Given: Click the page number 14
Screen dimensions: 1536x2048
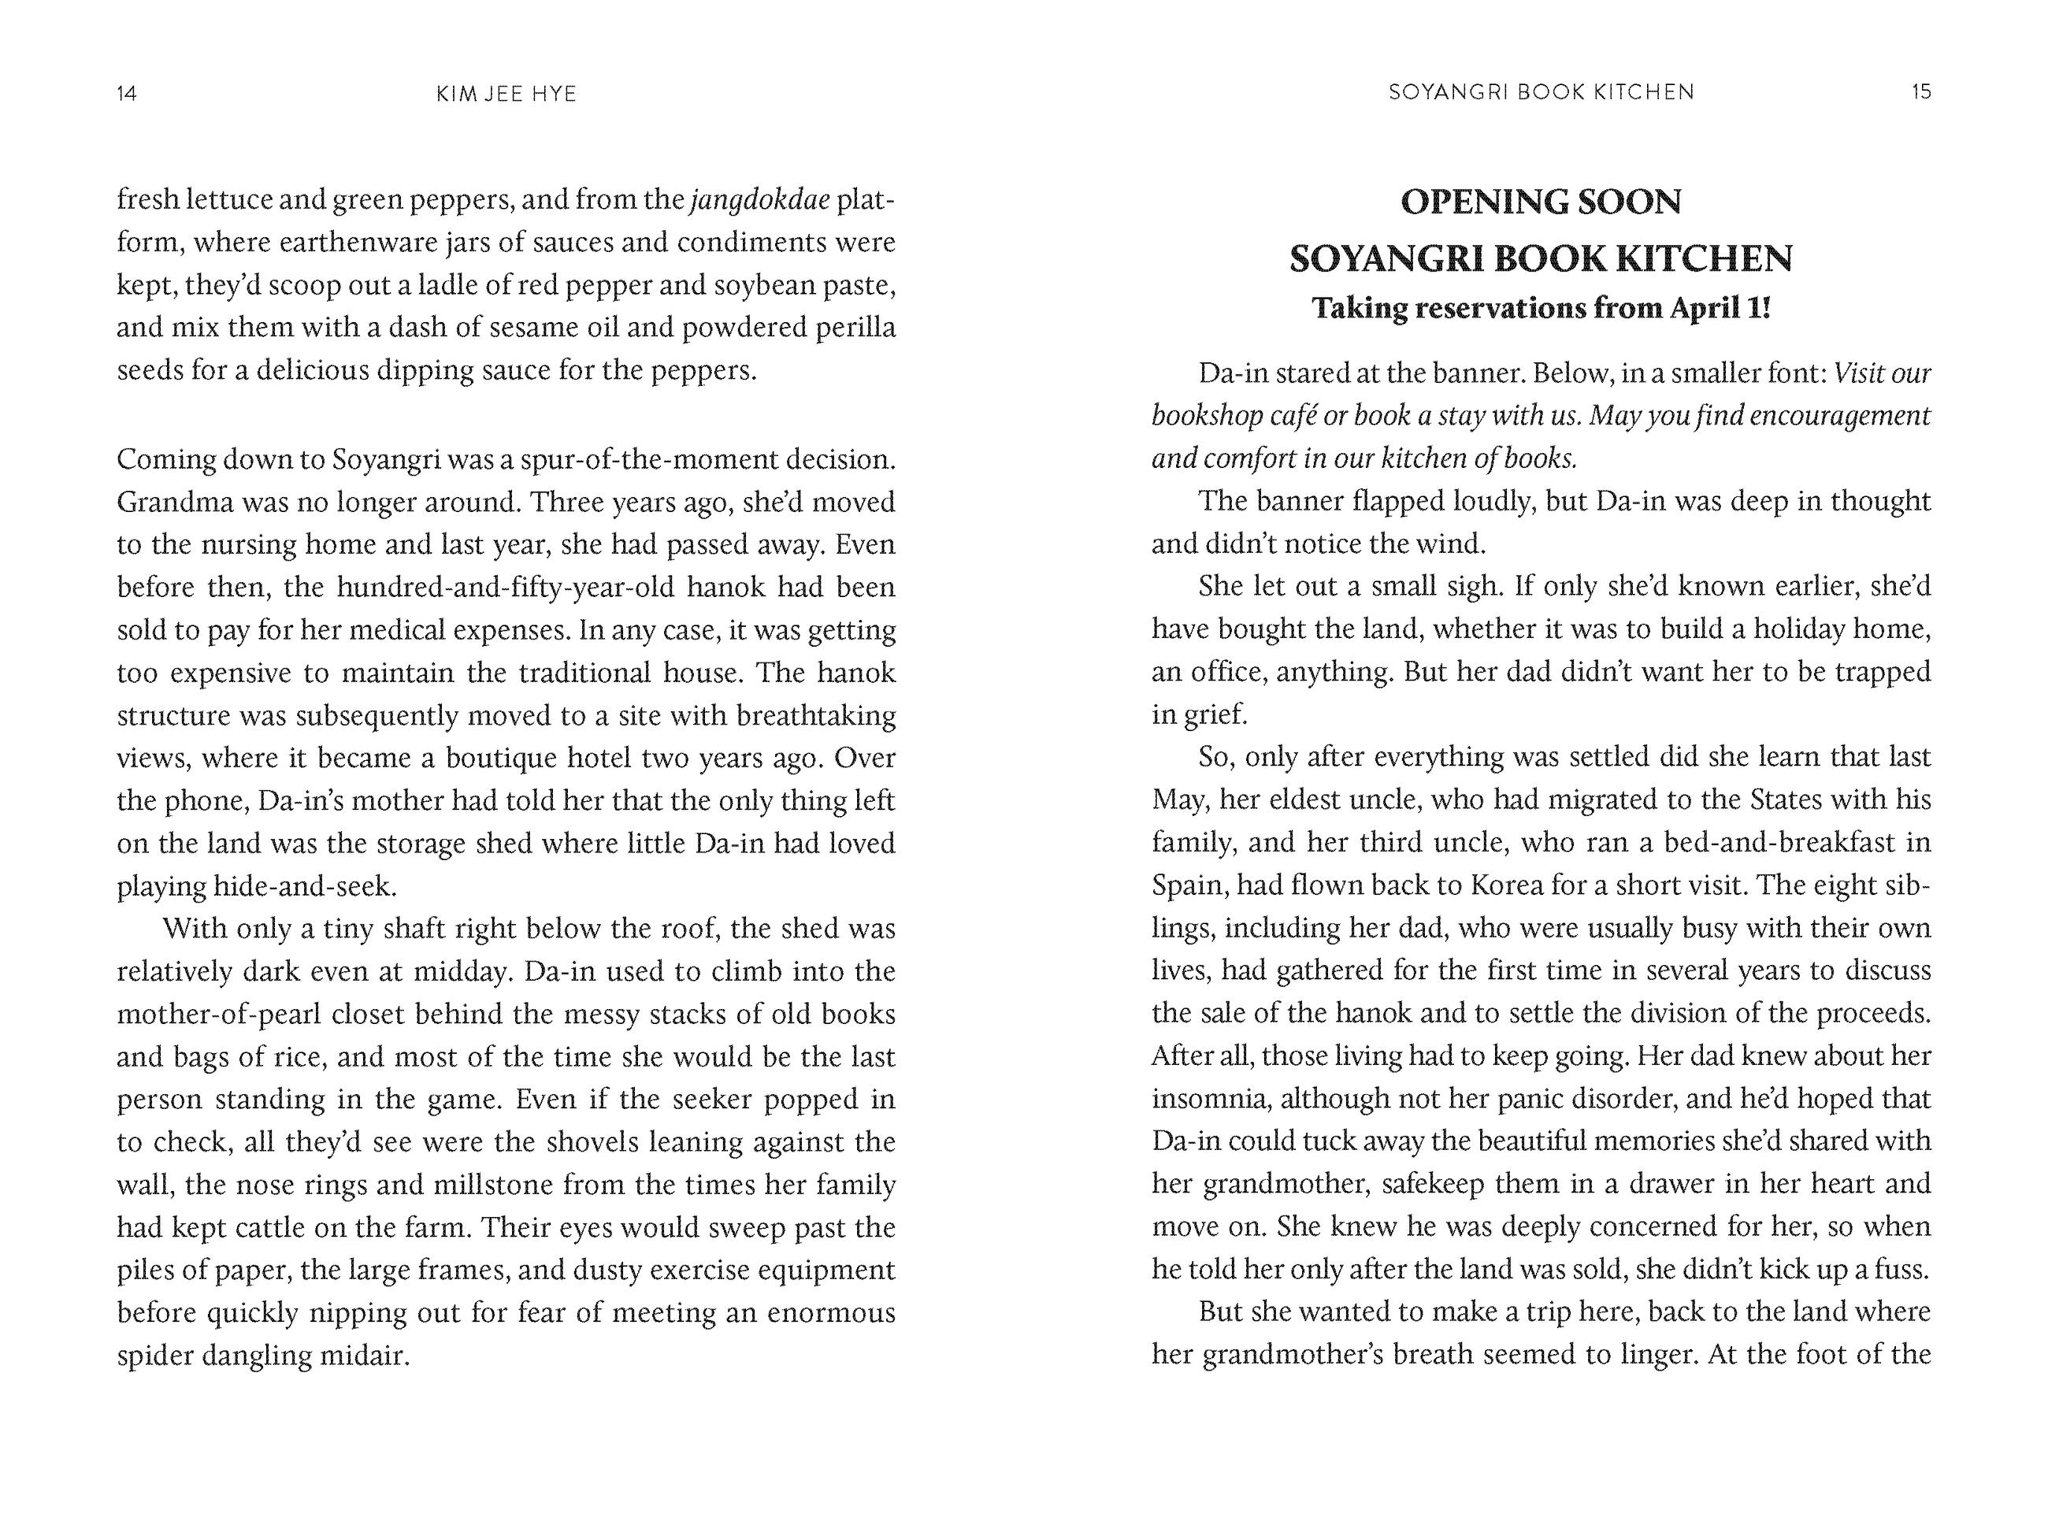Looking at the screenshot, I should pyautogui.click(x=127, y=93).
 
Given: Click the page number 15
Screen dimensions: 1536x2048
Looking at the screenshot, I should pyautogui.click(x=1921, y=91).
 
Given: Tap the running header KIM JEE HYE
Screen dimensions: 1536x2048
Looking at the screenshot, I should pyautogui.click(x=506, y=93).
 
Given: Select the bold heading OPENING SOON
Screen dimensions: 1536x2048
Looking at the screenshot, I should pyautogui.click(x=1541, y=202).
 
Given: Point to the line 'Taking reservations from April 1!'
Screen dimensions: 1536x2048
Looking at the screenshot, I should pyautogui.click(x=1541, y=307).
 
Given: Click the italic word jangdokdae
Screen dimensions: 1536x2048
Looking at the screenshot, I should pyautogui.click(x=759, y=200).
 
